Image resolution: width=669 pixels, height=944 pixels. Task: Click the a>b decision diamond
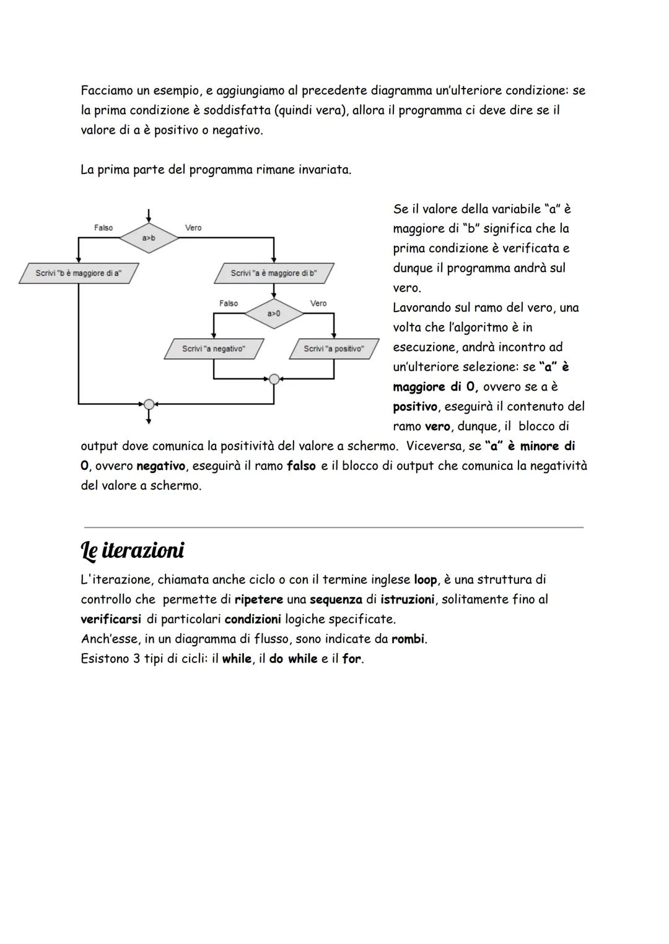click(x=149, y=238)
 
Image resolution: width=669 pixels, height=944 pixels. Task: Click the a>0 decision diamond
click(x=274, y=313)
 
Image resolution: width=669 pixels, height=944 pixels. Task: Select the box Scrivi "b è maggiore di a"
click(x=79, y=273)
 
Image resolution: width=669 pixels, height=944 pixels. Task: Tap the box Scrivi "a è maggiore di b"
click(x=274, y=273)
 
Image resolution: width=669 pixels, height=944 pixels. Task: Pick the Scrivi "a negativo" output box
click(x=214, y=349)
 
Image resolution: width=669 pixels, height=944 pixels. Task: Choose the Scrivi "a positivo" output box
click(x=334, y=349)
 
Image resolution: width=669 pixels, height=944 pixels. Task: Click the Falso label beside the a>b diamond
click(x=103, y=228)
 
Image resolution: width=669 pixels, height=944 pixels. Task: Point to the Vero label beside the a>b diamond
click(x=193, y=228)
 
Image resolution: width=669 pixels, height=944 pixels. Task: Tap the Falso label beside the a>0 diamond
click(x=229, y=303)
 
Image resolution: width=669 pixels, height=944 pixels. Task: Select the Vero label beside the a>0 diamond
click(x=318, y=303)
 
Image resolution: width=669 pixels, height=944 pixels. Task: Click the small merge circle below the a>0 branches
click(x=274, y=379)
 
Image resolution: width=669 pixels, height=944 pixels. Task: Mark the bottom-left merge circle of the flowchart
click(x=149, y=404)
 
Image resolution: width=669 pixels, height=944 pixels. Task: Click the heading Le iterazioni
click(x=133, y=550)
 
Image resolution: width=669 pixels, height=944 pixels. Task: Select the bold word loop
click(x=425, y=580)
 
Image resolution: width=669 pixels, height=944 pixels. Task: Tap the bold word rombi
click(x=408, y=639)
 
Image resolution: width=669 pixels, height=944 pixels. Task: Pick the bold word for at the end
click(x=351, y=659)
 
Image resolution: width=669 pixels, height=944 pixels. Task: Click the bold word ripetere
click(x=258, y=600)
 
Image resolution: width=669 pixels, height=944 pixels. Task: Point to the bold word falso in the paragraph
click(x=301, y=466)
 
